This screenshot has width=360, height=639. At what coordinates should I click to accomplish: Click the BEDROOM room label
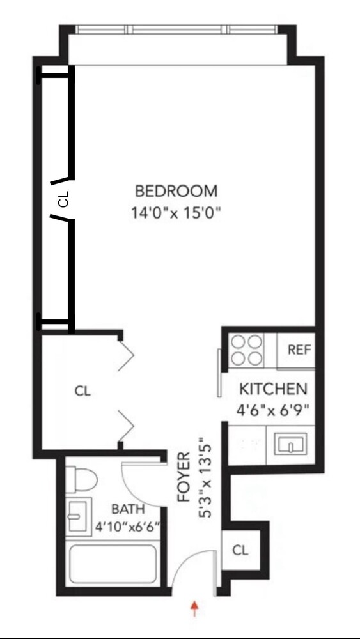coord(176,190)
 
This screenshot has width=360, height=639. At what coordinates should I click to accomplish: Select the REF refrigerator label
coord(299,350)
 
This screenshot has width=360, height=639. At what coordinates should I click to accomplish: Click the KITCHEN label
coord(273,389)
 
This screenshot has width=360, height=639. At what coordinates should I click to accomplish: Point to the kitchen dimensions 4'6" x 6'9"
coord(274,410)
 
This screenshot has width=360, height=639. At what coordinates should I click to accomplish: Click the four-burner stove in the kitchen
coord(247,351)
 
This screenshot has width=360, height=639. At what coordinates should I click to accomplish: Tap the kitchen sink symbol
coord(290,443)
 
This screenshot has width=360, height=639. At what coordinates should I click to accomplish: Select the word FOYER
coord(184,476)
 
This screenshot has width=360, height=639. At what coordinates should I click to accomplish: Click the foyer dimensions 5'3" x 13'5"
coord(205,479)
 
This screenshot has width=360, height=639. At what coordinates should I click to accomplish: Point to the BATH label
coord(128,509)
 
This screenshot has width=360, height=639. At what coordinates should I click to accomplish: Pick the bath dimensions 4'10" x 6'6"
coord(127,528)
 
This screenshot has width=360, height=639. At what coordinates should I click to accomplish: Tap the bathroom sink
coord(77,515)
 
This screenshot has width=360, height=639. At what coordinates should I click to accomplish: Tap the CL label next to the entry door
coord(240,550)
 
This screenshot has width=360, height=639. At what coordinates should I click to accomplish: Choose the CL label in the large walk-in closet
coord(82,391)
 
